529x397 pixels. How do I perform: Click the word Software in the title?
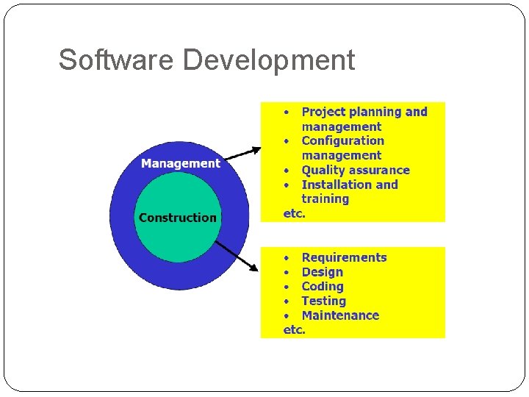[x=117, y=60]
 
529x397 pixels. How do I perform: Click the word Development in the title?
[x=269, y=60]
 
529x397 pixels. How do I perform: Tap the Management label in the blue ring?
[x=180, y=163]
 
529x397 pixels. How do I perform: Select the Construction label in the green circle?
[x=178, y=218]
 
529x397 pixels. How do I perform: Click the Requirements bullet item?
[x=344, y=257]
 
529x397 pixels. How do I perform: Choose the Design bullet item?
[x=322, y=272]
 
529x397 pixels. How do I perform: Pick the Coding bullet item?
[x=323, y=287]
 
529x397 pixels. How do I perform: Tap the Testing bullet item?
[x=323, y=301]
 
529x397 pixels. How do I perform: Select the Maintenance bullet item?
[x=340, y=315]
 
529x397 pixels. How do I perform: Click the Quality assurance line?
[x=356, y=170]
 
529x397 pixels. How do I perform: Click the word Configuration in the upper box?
[x=342, y=140]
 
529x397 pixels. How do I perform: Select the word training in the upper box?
[x=325, y=198]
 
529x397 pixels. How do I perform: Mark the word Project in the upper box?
[x=323, y=112]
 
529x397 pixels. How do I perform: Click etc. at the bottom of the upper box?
[x=294, y=213]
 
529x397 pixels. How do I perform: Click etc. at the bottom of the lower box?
[x=294, y=329]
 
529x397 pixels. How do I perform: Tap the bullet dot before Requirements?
[x=287, y=258]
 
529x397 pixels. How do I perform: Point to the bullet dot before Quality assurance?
[x=287, y=171]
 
